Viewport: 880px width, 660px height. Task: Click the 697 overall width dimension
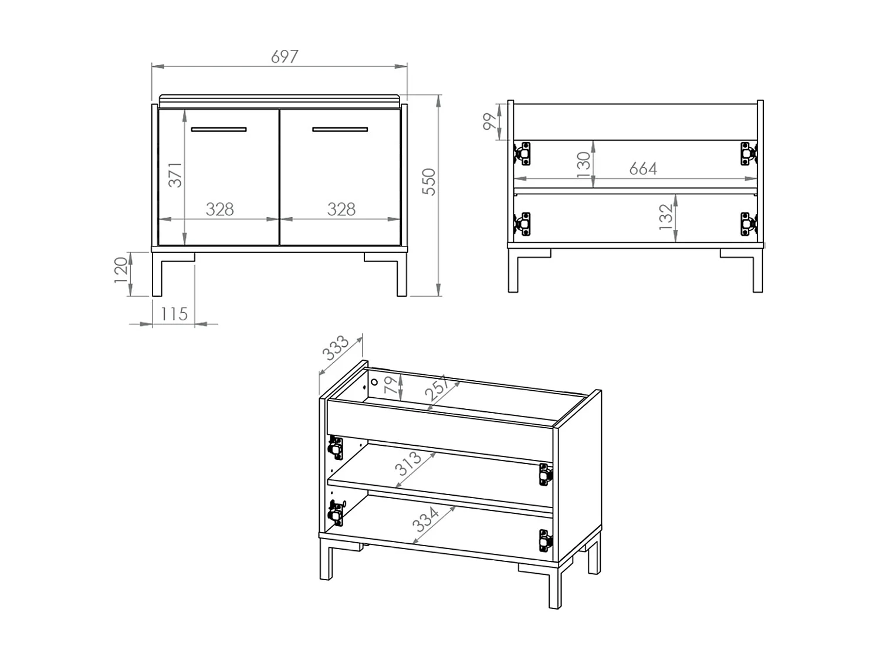[285, 57]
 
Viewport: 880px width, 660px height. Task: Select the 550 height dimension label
[429, 182]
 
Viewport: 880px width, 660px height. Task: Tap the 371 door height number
[175, 175]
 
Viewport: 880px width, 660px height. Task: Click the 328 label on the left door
[220, 209]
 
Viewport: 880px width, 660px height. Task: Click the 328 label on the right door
[341, 209]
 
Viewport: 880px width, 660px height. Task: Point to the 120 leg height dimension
[121, 270]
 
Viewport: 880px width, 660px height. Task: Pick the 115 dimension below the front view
[174, 314]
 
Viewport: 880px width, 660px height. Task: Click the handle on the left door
[218, 129]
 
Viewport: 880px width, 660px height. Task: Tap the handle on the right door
[340, 129]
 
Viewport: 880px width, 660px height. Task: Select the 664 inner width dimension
[643, 169]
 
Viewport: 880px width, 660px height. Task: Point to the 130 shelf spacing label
[583, 164]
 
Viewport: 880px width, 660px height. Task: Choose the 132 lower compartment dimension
[665, 216]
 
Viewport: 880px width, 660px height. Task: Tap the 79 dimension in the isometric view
[390, 385]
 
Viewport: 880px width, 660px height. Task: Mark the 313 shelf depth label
[408, 463]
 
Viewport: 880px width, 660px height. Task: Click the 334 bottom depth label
[427, 519]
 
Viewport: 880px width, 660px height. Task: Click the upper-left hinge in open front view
[523, 153]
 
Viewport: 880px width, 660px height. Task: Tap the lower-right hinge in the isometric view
[546, 540]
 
